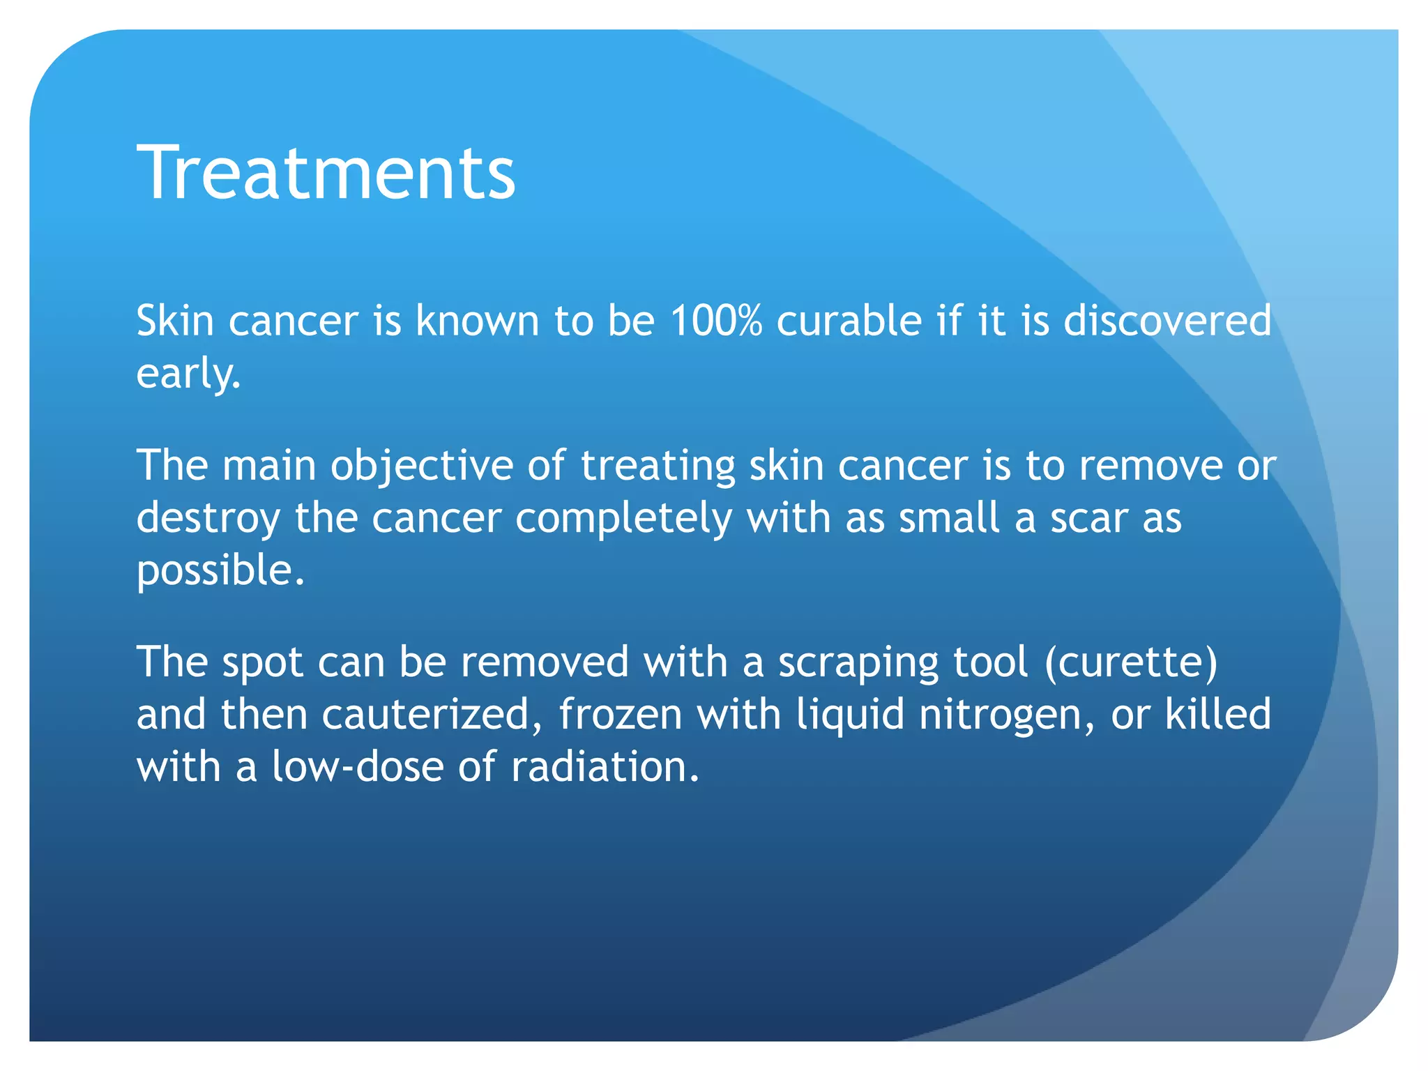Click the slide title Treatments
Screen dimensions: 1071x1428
[326, 173]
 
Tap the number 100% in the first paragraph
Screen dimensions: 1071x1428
[716, 321]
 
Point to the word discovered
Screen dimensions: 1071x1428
[1167, 321]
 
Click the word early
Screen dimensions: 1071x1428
[188, 375]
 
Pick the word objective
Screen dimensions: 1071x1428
[422, 466]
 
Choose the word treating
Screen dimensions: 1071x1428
[658, 466]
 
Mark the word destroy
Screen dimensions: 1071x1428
[208, 519]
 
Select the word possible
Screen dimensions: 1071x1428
[220, 572]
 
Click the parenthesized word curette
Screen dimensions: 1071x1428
[1131, 662]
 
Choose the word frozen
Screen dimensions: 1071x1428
[620, 715]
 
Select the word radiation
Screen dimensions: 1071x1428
[604, 767]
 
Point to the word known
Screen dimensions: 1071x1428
[478, 321]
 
